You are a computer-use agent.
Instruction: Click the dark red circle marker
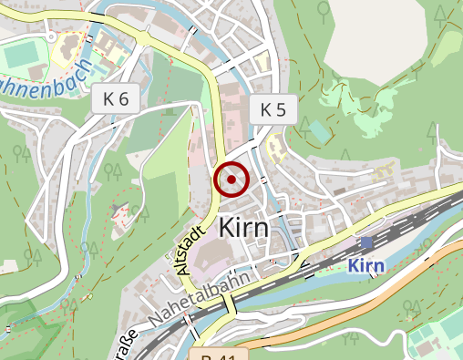pyautogui.click(x=231, y=180)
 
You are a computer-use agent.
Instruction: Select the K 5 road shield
pyautogui.click(x=273, y=110)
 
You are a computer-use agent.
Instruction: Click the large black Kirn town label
pyautogui.click(x=243, y=228)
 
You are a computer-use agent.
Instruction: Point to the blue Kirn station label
pyautogui.click(x=366, y=265)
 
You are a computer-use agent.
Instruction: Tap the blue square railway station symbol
pyautogui.click(x=366, y=242)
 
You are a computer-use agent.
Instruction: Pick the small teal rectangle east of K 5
pyautogui.click(x=318, y=131)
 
